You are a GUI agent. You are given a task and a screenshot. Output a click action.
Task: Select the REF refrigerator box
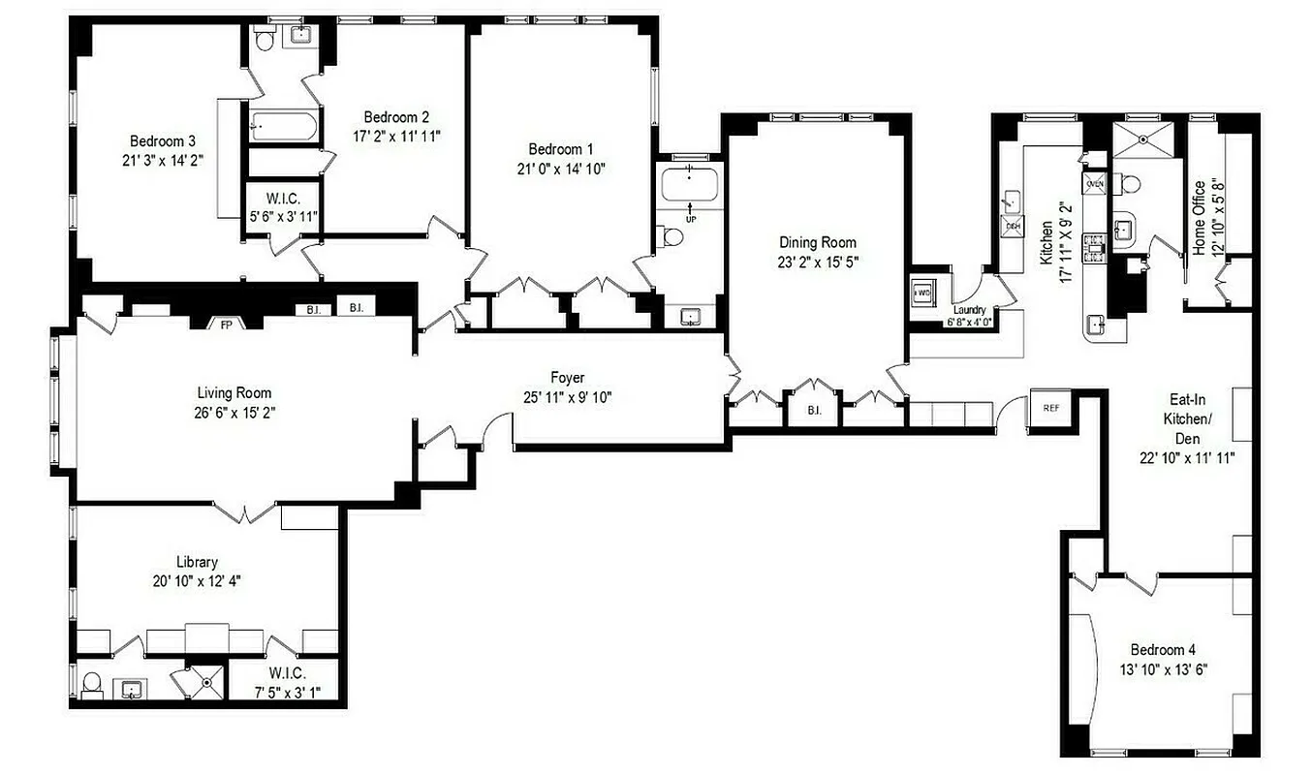click(1051, 407)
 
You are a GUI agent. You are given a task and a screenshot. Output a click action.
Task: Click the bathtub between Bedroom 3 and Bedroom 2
click(283, 126)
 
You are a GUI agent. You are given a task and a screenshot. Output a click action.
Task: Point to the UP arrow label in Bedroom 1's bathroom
click(690, 219)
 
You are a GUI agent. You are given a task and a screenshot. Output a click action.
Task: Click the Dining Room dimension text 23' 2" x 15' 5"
click(818, 261)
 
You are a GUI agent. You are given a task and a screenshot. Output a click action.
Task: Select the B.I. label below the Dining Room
click(814, 411)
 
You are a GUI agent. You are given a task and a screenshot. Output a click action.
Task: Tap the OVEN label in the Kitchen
click(1096, 183)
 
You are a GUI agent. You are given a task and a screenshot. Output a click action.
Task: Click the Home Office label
click(1200, 218)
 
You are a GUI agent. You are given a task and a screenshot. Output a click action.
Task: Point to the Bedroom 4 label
click(1157, 650)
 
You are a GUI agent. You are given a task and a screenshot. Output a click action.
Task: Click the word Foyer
click(567, 378)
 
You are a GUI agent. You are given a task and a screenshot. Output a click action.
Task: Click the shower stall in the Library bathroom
click(203, 681)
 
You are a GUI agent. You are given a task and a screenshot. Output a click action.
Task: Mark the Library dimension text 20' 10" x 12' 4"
click(197, 580)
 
